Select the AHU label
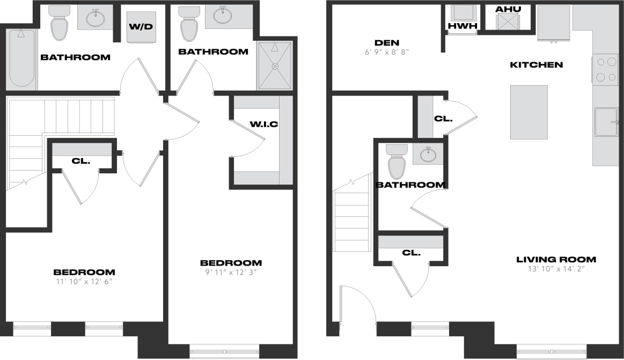[x=507, y=10]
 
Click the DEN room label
[x=387, y=43]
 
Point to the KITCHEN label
[x=536, y=65]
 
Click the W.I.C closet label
[x=264, y=124]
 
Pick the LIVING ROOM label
[x=556, y=260]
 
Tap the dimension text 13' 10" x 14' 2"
[x=556, y=269]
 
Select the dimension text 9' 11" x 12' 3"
[x=231, y=272]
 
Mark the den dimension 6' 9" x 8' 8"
[x=387, y=53]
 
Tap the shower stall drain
[x=275, y=67]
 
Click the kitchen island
[x=528, y=112]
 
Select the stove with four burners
[x=606, y=69]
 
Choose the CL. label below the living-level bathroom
[x=412, y=252]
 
